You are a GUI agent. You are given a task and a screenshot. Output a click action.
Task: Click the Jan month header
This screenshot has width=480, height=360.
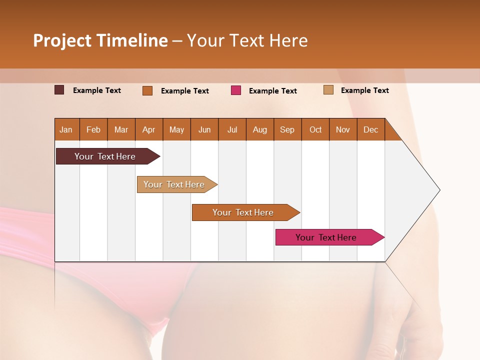click(66, 130)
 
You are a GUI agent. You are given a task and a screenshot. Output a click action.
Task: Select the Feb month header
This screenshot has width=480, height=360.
click(93, 130)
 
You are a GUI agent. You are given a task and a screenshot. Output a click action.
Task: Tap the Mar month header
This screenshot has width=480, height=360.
click(121, 130)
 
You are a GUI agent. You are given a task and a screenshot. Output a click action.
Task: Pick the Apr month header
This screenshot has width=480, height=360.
click(149, 130)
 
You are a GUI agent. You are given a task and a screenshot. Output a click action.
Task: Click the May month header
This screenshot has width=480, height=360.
click(176, 130)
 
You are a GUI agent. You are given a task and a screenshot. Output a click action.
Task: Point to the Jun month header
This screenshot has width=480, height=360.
click(204, 130)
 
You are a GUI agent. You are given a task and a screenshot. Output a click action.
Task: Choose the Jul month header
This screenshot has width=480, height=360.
click(232, 130)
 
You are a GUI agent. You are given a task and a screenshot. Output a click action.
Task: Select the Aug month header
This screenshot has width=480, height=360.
click(260, 130)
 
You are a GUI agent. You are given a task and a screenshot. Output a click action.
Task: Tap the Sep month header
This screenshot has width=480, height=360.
click(287, 130)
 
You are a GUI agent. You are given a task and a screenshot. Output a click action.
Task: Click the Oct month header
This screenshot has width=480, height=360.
click(315, 130)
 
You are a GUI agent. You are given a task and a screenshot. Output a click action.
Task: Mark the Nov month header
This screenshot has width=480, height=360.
click(343, 130)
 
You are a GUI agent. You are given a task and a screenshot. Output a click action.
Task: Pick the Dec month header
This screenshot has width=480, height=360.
click(371, 130)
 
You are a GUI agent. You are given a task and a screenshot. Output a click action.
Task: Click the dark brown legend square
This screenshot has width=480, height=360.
click(59, 90)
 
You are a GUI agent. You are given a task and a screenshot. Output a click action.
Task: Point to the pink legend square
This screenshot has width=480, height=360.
click(236, 90)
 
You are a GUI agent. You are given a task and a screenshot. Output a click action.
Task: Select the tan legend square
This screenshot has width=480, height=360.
click(328, 90)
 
